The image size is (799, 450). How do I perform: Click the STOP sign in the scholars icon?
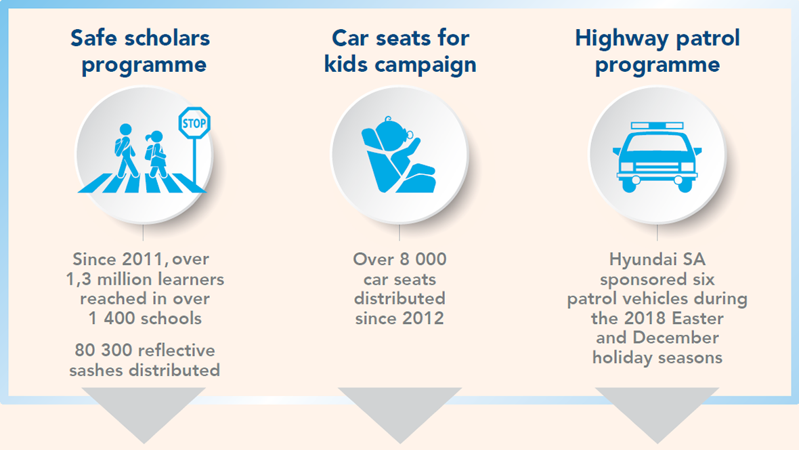[194, 123]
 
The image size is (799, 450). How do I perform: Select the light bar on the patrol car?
[657, 125]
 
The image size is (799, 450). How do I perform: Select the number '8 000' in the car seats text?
[423, 259]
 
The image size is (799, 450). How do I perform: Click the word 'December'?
[676, 337]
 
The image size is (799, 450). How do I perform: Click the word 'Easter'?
[697, 319]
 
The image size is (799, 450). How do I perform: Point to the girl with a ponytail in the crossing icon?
[156, 154]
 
